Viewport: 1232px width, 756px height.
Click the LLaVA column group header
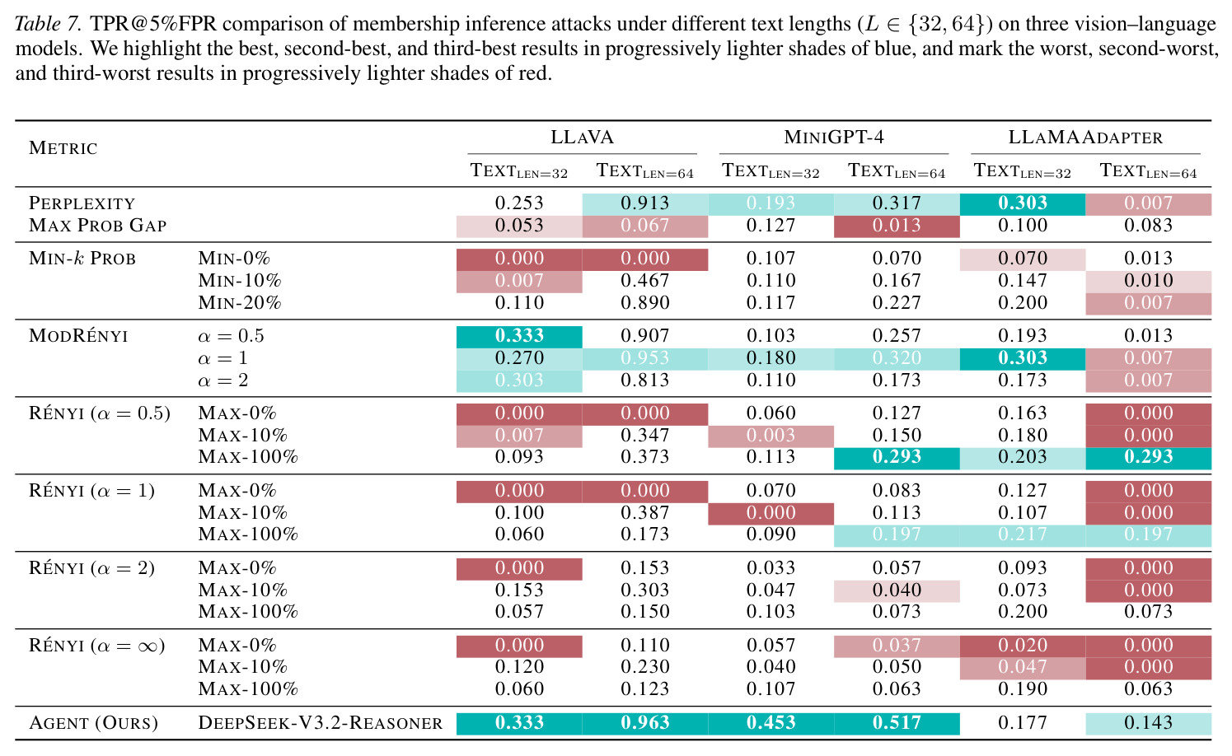click(x=582, y=137)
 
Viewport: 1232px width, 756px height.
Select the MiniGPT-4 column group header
click(x=834, y=137)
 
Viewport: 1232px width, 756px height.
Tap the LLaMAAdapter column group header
click(x=1085, y=137)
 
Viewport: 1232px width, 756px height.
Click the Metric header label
click(x=63, y=148)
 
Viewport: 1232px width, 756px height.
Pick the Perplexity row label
click(x=82, y=203)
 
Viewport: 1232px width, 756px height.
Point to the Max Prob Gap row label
click(x=97, y=226)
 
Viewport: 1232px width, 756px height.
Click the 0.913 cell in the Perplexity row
click(x=644, y=203)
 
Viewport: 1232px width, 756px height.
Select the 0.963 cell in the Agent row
click(x=644, y=723)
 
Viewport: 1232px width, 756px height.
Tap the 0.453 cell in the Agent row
click(x=771, y=723)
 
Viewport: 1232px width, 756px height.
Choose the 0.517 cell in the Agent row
click(x=897, y=723)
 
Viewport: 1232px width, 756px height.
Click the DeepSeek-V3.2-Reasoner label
click(x=320, y=723)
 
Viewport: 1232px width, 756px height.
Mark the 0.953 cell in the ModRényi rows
click(x=644, y=358)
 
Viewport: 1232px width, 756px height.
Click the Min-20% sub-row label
click(x=240, y=302)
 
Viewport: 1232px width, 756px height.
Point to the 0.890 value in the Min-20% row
click(x=644, y=302)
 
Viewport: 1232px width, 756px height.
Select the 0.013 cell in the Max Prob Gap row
click(x=897, y=226)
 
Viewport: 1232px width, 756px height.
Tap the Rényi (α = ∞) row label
click(x=96, y=646)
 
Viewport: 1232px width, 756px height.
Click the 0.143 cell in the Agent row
click(x=1149, y=723)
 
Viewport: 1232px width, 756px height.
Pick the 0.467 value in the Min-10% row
click(x=644, y=280)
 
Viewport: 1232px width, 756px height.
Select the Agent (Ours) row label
click(x=93, y=723)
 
